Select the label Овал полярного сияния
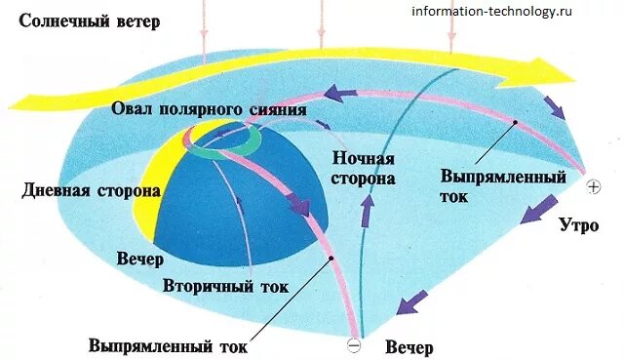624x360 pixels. click(210, 107)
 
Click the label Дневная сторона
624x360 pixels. click(91, 190)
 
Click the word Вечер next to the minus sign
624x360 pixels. click(409, 347)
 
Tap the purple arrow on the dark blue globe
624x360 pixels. click(300, 205)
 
